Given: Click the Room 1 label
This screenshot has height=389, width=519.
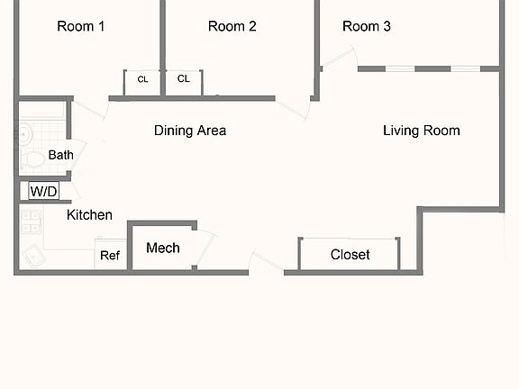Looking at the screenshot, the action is (x=81, y=26).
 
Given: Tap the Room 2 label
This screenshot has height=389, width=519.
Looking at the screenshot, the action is (x=232, y=26).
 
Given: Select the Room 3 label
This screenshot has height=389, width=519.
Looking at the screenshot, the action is (x=367, y=26).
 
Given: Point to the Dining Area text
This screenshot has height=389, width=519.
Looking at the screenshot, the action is (x=190, y=131).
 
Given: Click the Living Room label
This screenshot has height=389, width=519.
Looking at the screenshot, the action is (x=422, y=131).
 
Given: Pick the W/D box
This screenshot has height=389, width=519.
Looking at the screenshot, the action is (x=43, y=191).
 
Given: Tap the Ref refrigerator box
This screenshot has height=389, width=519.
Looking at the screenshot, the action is (x=110, y=254).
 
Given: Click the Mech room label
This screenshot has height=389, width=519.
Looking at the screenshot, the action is (x=163, y=249).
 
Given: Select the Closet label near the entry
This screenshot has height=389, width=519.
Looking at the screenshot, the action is (x=350, y=255).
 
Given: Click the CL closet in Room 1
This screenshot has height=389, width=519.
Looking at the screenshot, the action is (x=142, y=83).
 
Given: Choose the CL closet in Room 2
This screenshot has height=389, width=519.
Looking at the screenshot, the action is (x=184, y=83).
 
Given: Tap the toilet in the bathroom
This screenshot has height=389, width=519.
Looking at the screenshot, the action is (x=32, y=159).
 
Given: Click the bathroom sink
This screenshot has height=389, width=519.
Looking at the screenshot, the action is (x=25, y=134).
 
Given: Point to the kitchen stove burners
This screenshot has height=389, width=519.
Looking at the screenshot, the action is (x=32, y=222).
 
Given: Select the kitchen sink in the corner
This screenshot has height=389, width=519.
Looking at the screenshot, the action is (x=33, y=256).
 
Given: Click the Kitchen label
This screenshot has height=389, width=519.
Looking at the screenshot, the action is (x=89, y=215).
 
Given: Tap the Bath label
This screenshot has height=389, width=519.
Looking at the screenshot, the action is (x=61, y=155).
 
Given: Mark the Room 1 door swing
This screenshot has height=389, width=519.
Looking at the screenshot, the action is (x=90, y=110).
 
